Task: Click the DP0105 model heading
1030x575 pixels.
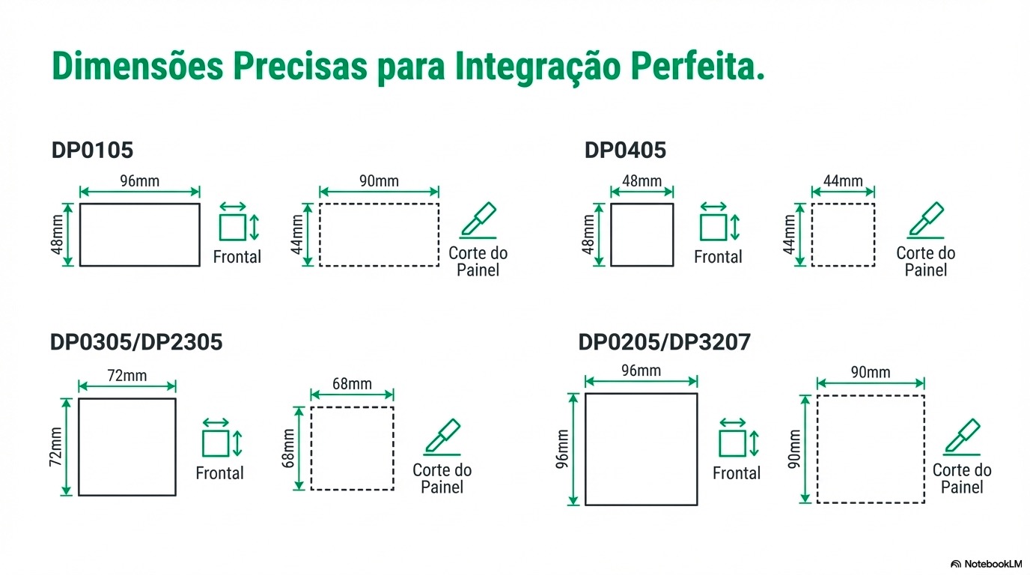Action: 92,150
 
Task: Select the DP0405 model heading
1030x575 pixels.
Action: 625,150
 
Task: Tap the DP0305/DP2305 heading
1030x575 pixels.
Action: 136,342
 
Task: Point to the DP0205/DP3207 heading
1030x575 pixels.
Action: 665,342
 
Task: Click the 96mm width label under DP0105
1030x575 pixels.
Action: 139,181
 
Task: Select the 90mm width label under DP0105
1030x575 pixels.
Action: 379,181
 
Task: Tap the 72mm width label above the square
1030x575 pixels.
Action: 127,376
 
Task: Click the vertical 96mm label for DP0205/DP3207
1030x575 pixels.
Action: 563,448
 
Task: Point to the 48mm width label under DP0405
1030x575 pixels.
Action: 642,181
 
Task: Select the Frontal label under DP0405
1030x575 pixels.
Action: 718,258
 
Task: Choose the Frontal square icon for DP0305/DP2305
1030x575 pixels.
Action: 216,443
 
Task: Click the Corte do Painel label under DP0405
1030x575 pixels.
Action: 926,261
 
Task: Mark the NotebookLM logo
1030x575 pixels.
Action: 986,564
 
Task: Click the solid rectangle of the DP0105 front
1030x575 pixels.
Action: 140,234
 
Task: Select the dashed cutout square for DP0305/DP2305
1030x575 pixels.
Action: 352,448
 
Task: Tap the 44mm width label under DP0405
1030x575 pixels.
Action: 843,181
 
